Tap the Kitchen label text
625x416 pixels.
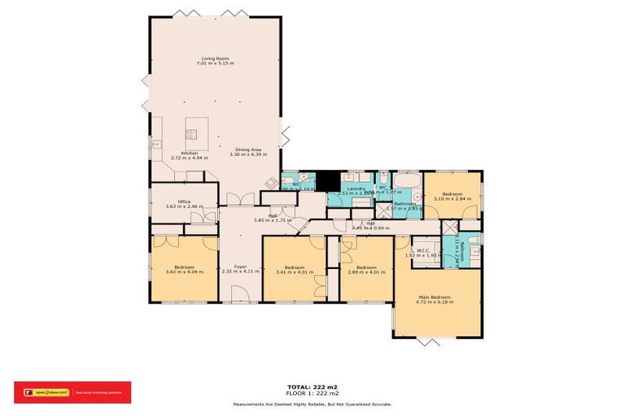pos(189,153)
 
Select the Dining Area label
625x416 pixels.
pos(248,149)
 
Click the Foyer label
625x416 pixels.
pos(240,266)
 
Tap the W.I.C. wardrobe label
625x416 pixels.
pos(423,250)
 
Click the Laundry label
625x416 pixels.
pos(357,188)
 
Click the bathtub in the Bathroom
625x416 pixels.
pos(406,180)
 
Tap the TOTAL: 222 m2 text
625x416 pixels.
pos(312,387)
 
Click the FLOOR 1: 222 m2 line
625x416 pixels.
pos(312,393)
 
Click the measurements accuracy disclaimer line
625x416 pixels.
pos(312,404)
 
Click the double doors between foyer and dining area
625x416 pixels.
pos(234,200)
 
